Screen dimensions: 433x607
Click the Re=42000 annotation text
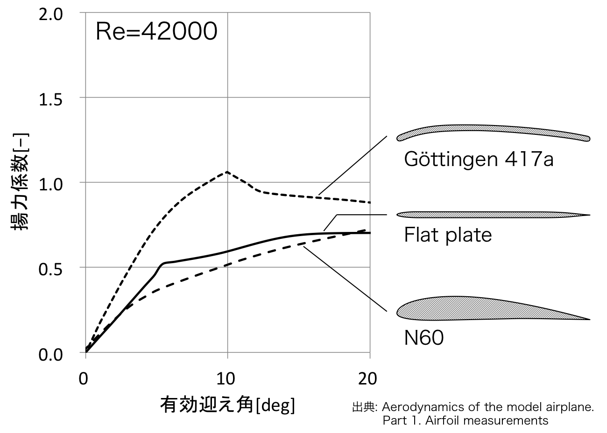click(156, 32)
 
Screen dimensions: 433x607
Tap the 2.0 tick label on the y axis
click(50, 14)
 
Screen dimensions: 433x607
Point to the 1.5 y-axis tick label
click(50, 99)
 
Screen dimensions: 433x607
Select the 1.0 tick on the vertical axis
click(50, 184)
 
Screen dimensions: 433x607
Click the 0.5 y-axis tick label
click(50, 269)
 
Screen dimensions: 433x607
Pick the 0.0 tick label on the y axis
click(50, 354)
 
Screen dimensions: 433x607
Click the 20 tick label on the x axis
click(367, 378)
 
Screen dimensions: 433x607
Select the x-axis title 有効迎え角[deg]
click(227, 404)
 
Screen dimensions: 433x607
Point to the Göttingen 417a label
click(479, 160)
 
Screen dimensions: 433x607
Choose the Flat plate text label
click(447, 235)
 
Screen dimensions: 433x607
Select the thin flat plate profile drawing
click(493, 215)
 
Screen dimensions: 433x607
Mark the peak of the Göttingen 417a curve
click(227, 172)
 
